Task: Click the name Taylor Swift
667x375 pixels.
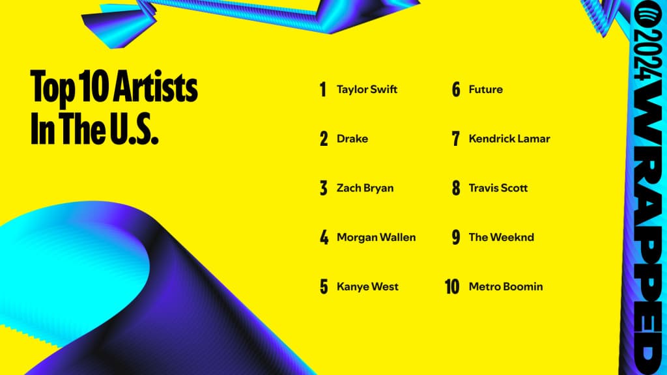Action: pyautogui.click(x=367, y=89)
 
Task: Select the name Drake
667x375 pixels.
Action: pyautogui.click(x=352, y=139)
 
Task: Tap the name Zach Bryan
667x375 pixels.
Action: pyautogui.click(x=365, y=188)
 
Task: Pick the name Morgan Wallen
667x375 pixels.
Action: pyautogui.click(x=376, y=237)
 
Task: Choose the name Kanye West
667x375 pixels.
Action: pyautogui.click(x=367, y=286)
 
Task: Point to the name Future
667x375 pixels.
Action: pyautogui.click(x=485, y=89)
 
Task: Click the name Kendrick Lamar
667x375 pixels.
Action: pyautogui.click(x=509, y=139)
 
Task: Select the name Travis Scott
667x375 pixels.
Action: pyautogui.click(x=498, y=188)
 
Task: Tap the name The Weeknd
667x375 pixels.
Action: pyautogui.click(x=501, y=237)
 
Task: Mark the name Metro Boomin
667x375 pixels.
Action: pyautogui.click(x=505, y=286)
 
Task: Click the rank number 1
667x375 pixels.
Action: pyautogui.click(x=322, y=90)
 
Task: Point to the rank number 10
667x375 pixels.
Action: pyautogui.click(x=453, y=286)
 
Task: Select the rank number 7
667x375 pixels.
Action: pyautogui.click(x=456, y=139)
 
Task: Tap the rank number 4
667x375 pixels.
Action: pyautogui.click(x=324, y=238)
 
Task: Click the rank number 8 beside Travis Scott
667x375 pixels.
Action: pyautogui.click(x=456, y=188)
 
